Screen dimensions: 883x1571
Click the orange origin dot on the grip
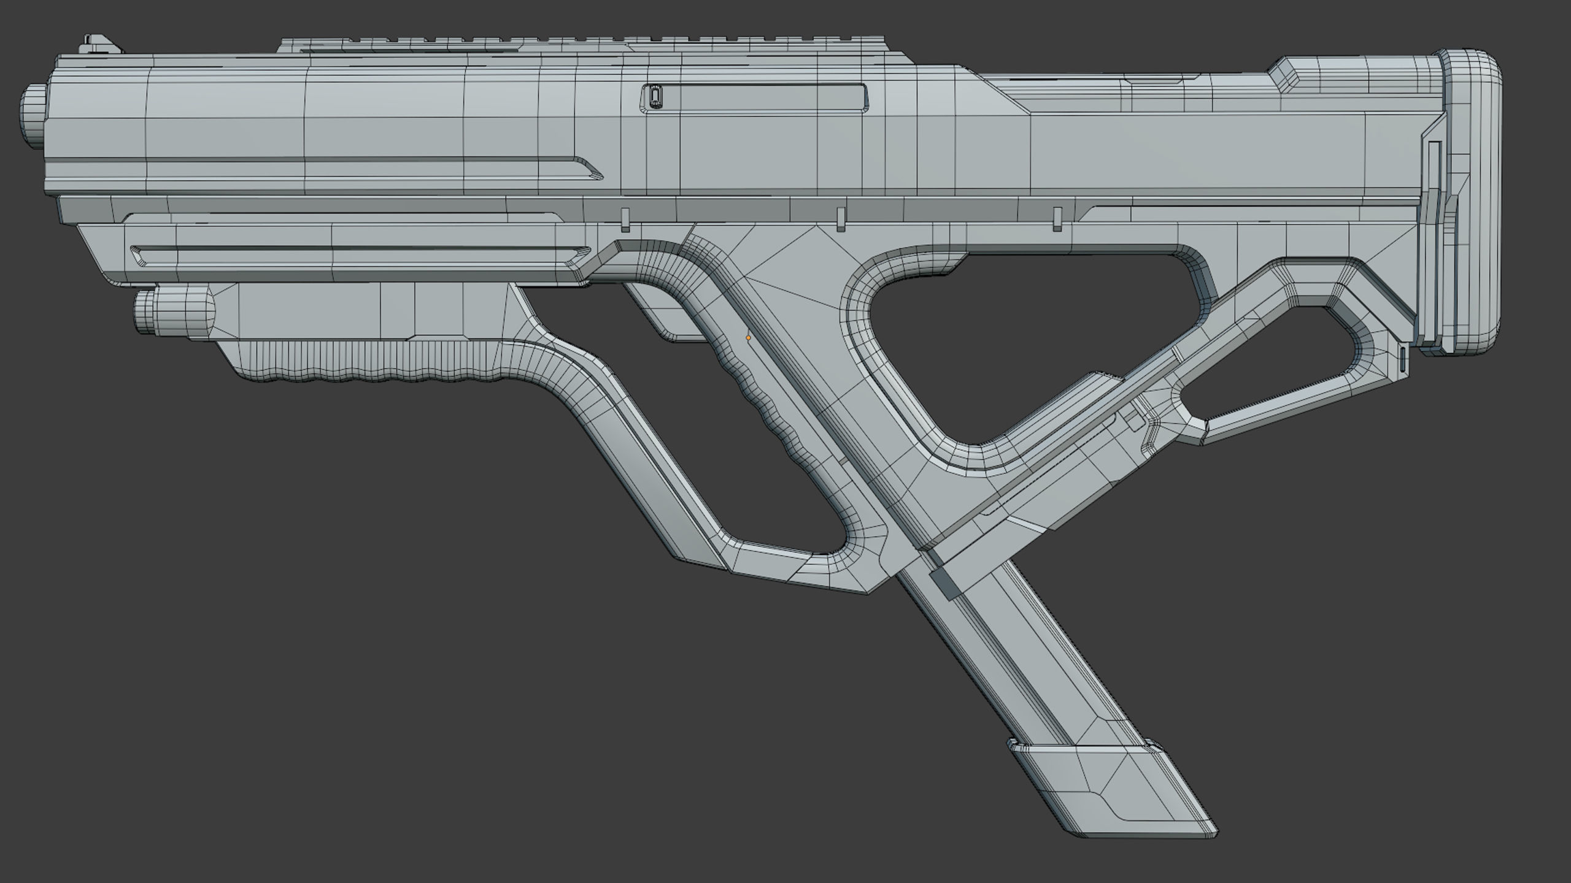point(748,338)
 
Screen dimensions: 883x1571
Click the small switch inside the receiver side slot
point(654,97)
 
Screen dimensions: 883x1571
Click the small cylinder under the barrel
point(178,311)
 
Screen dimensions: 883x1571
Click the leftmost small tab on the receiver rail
point(625,220)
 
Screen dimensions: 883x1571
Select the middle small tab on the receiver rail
point(841,220)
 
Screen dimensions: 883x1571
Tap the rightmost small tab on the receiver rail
point(1057,220)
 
